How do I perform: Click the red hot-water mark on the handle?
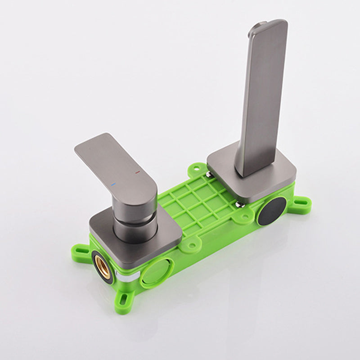pos(137,172)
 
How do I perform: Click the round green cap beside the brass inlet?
pos(154,274)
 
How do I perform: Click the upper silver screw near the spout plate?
pos(210,171)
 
